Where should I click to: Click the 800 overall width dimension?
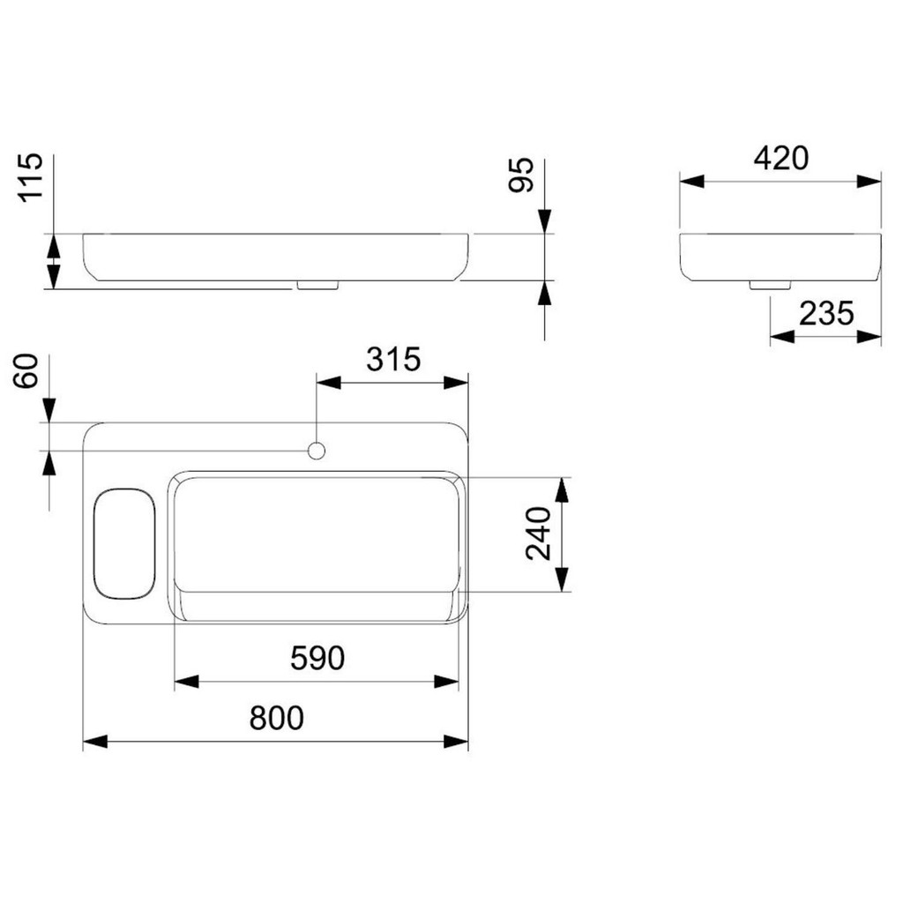(276, 718)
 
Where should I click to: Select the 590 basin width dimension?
(317, 658)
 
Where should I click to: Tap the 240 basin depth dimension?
(539, 534)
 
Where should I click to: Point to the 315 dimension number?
(394, 360)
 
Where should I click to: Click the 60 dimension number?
(26, 371)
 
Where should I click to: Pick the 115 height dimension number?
(30, 177)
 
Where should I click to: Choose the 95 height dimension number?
(522, 175)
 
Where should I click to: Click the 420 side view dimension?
(781, 158)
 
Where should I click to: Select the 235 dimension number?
(826, 314)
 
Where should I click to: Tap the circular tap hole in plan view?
(317, 451)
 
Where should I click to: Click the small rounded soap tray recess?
(124, 543)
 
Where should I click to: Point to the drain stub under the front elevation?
(317, 285)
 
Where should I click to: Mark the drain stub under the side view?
(769, 285)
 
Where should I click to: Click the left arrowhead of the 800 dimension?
(95, 741)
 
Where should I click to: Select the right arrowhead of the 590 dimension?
(447, 682)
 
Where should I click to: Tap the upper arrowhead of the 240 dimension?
(562, 489)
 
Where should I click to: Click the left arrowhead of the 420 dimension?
(691, 181)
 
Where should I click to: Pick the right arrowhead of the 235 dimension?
(869, 337)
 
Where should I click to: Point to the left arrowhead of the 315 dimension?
(329, 383)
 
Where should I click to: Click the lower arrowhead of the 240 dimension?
(562, 579)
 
